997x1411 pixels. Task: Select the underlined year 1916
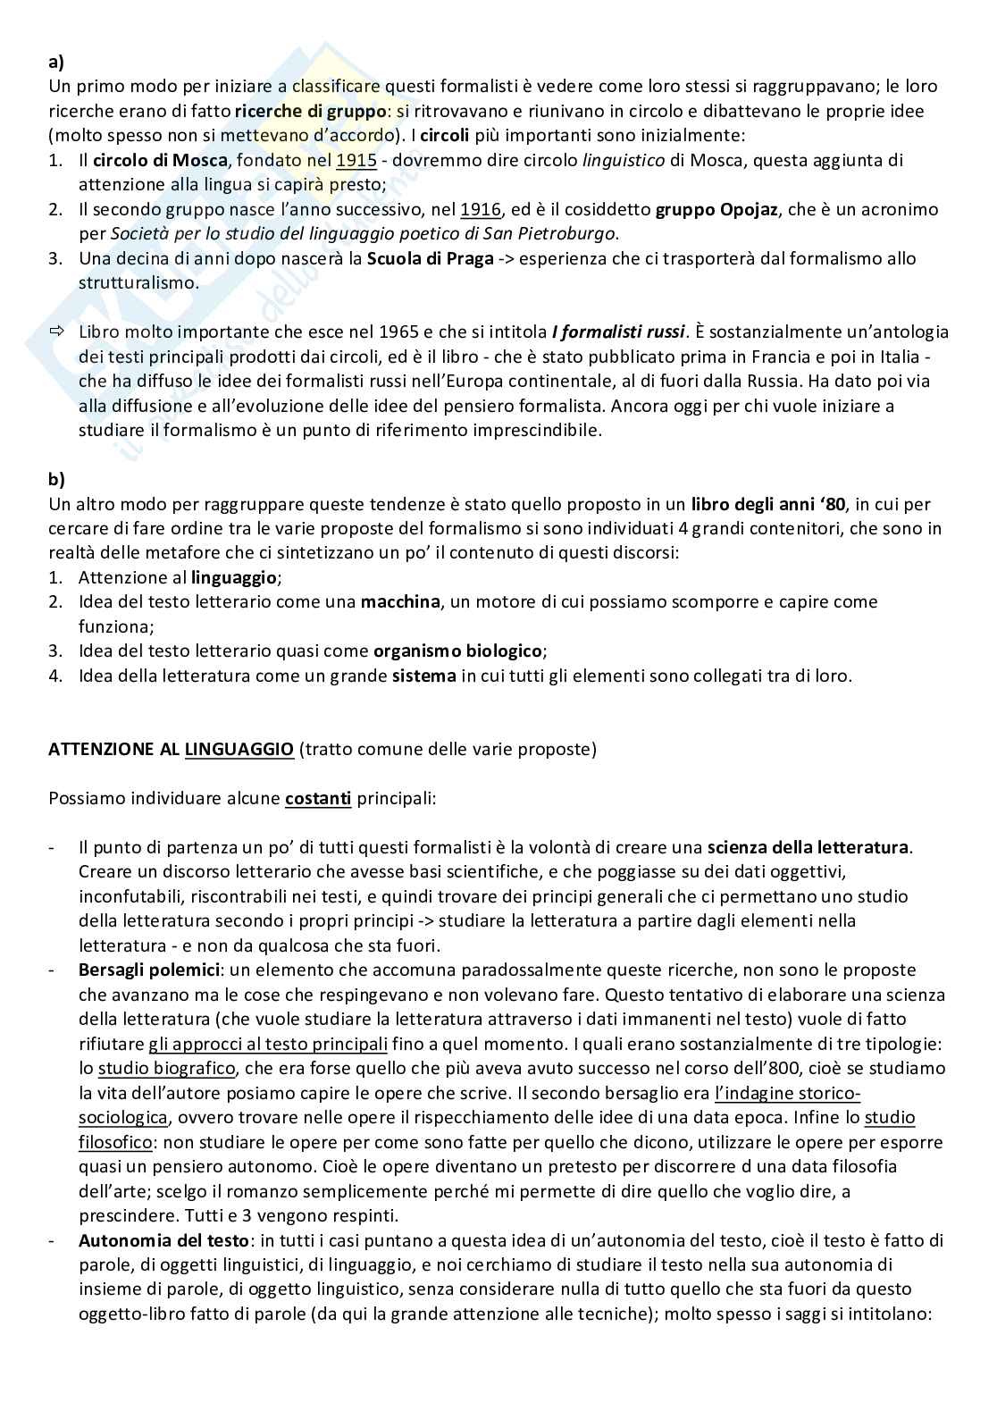click(481, 210)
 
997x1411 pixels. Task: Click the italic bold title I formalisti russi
click(618, 332)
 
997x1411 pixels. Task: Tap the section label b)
click(55, 479)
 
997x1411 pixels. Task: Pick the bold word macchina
click(399, 601)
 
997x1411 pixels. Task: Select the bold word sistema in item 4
click(423, 676)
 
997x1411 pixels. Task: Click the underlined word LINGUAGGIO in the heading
click(239, 749)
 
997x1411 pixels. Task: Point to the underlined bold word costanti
click(317, 798)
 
